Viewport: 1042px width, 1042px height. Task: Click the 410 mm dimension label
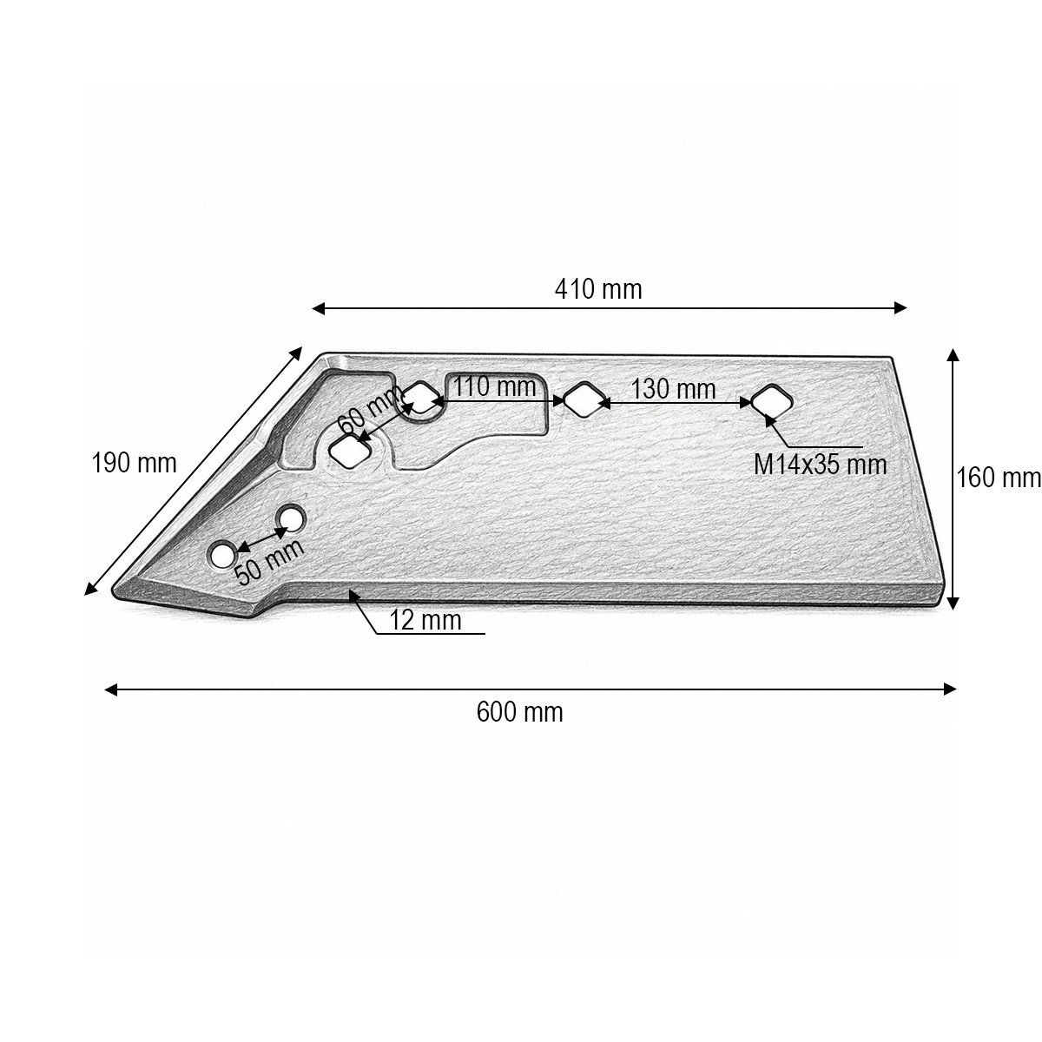[x=598, y=289]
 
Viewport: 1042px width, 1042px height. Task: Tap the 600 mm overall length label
[x=519, y=712]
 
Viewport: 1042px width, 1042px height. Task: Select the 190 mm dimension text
[x=134, y=463]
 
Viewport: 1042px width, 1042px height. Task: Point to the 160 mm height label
[x=999, y=478]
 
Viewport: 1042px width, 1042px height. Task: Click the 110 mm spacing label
[x=494, y=386]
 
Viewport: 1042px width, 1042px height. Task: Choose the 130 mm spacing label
[x=674, y=389]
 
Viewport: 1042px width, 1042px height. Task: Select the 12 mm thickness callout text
[x=425, y=620]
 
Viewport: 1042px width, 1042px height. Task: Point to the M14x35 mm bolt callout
[x=821, y=465]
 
